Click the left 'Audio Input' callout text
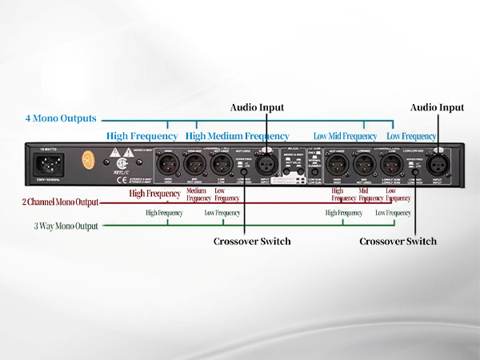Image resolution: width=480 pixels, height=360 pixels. click(257, 107)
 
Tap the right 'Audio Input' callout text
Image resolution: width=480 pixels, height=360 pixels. click(437, 106)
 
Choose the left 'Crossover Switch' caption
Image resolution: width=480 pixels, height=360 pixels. click(253, 241)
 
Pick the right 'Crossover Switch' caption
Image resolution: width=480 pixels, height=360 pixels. click(398, 241)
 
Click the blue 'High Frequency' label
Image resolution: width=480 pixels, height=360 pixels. click(142, 136)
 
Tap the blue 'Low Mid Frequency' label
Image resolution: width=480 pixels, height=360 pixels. click(345, 137)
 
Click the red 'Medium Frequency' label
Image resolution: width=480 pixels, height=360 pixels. click(198, 194)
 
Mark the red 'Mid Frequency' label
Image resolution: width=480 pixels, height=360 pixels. click(364, 194)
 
